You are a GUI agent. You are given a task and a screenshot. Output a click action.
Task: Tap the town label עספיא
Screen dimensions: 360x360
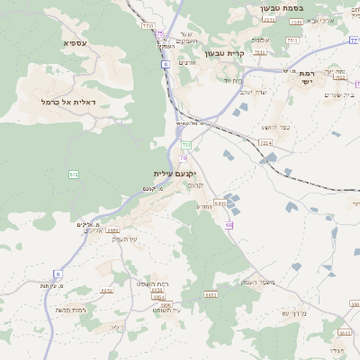[x=76, y=42]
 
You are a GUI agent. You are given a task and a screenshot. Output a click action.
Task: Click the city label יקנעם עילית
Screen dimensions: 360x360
[x=175, y=173]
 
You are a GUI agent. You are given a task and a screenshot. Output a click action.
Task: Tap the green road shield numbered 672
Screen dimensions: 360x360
[x=74, y=174]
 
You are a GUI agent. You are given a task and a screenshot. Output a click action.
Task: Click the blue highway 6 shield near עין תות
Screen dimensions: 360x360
[x=58, y=274]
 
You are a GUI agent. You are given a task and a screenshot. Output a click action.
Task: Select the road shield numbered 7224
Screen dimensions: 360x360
[x=265, y=142]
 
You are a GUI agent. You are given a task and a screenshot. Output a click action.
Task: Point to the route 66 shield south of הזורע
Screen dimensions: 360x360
[x=229, y=225]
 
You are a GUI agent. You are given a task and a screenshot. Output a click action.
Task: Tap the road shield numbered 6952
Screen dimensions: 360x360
[x=107, y=291]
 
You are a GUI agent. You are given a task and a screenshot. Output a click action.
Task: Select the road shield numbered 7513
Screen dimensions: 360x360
[x=292, y=40]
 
